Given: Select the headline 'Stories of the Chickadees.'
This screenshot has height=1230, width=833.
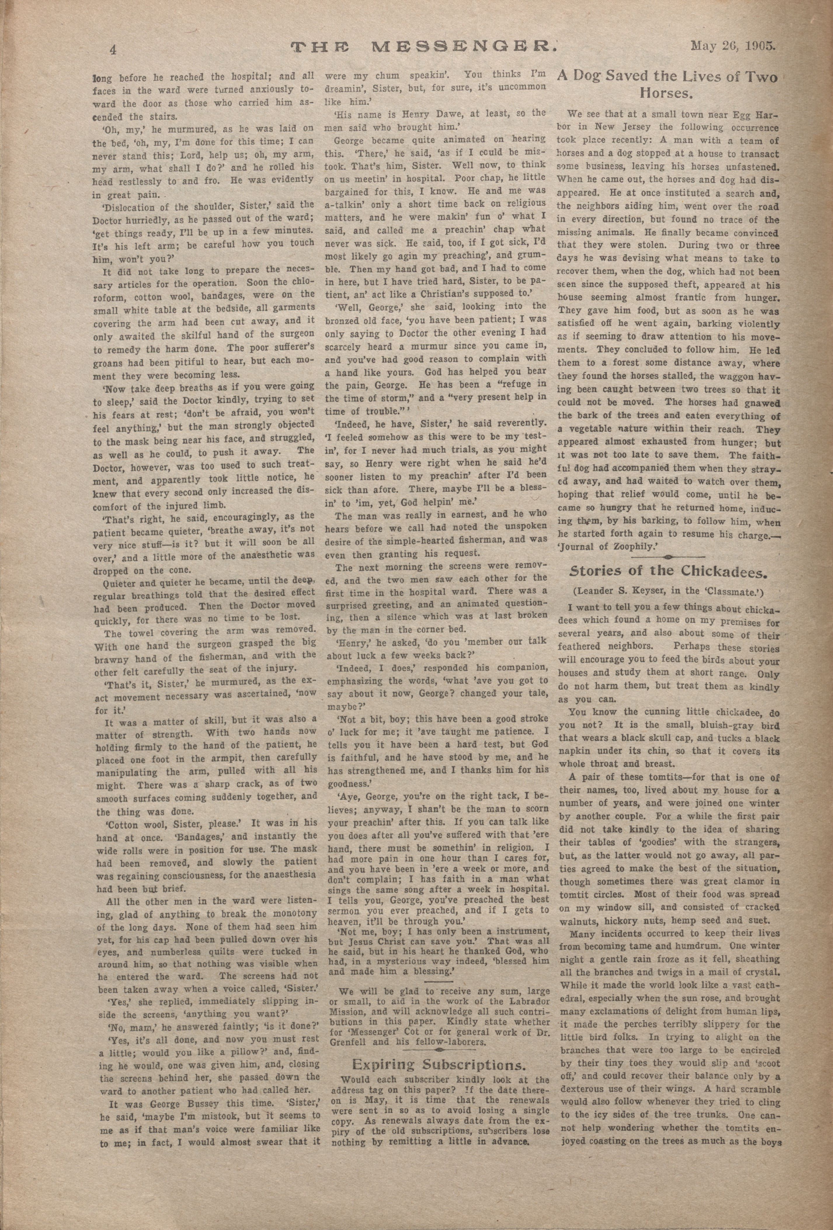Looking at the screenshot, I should pos(667,571).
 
